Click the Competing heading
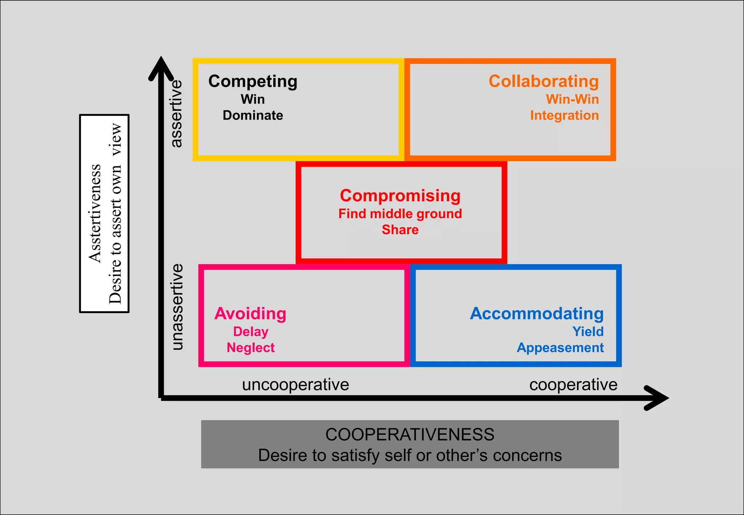click(x=253, y=81)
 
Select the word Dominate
click(x=253, y=115)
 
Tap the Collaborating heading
click(x=543, y=81)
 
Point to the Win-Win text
click(x=572, y=99)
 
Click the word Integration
click(x=564, y=115)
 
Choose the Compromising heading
click(x=400, y=196)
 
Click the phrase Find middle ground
click(x=400, y=214)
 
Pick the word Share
click(x=400, y=230)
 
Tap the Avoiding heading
click(x=250, y=313)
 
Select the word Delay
click(x=251, y=332)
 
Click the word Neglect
click(x=251, y=348)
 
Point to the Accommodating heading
click(x=537, y=313)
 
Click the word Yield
click(x=588, y=332)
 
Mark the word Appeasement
click(x=560, y=348)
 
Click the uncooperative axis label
click(x=295, y=385)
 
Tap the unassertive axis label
click(x=177, y=307)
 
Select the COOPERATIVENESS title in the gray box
click(x=410, y=435)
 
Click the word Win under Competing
click(x=253, y=99)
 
